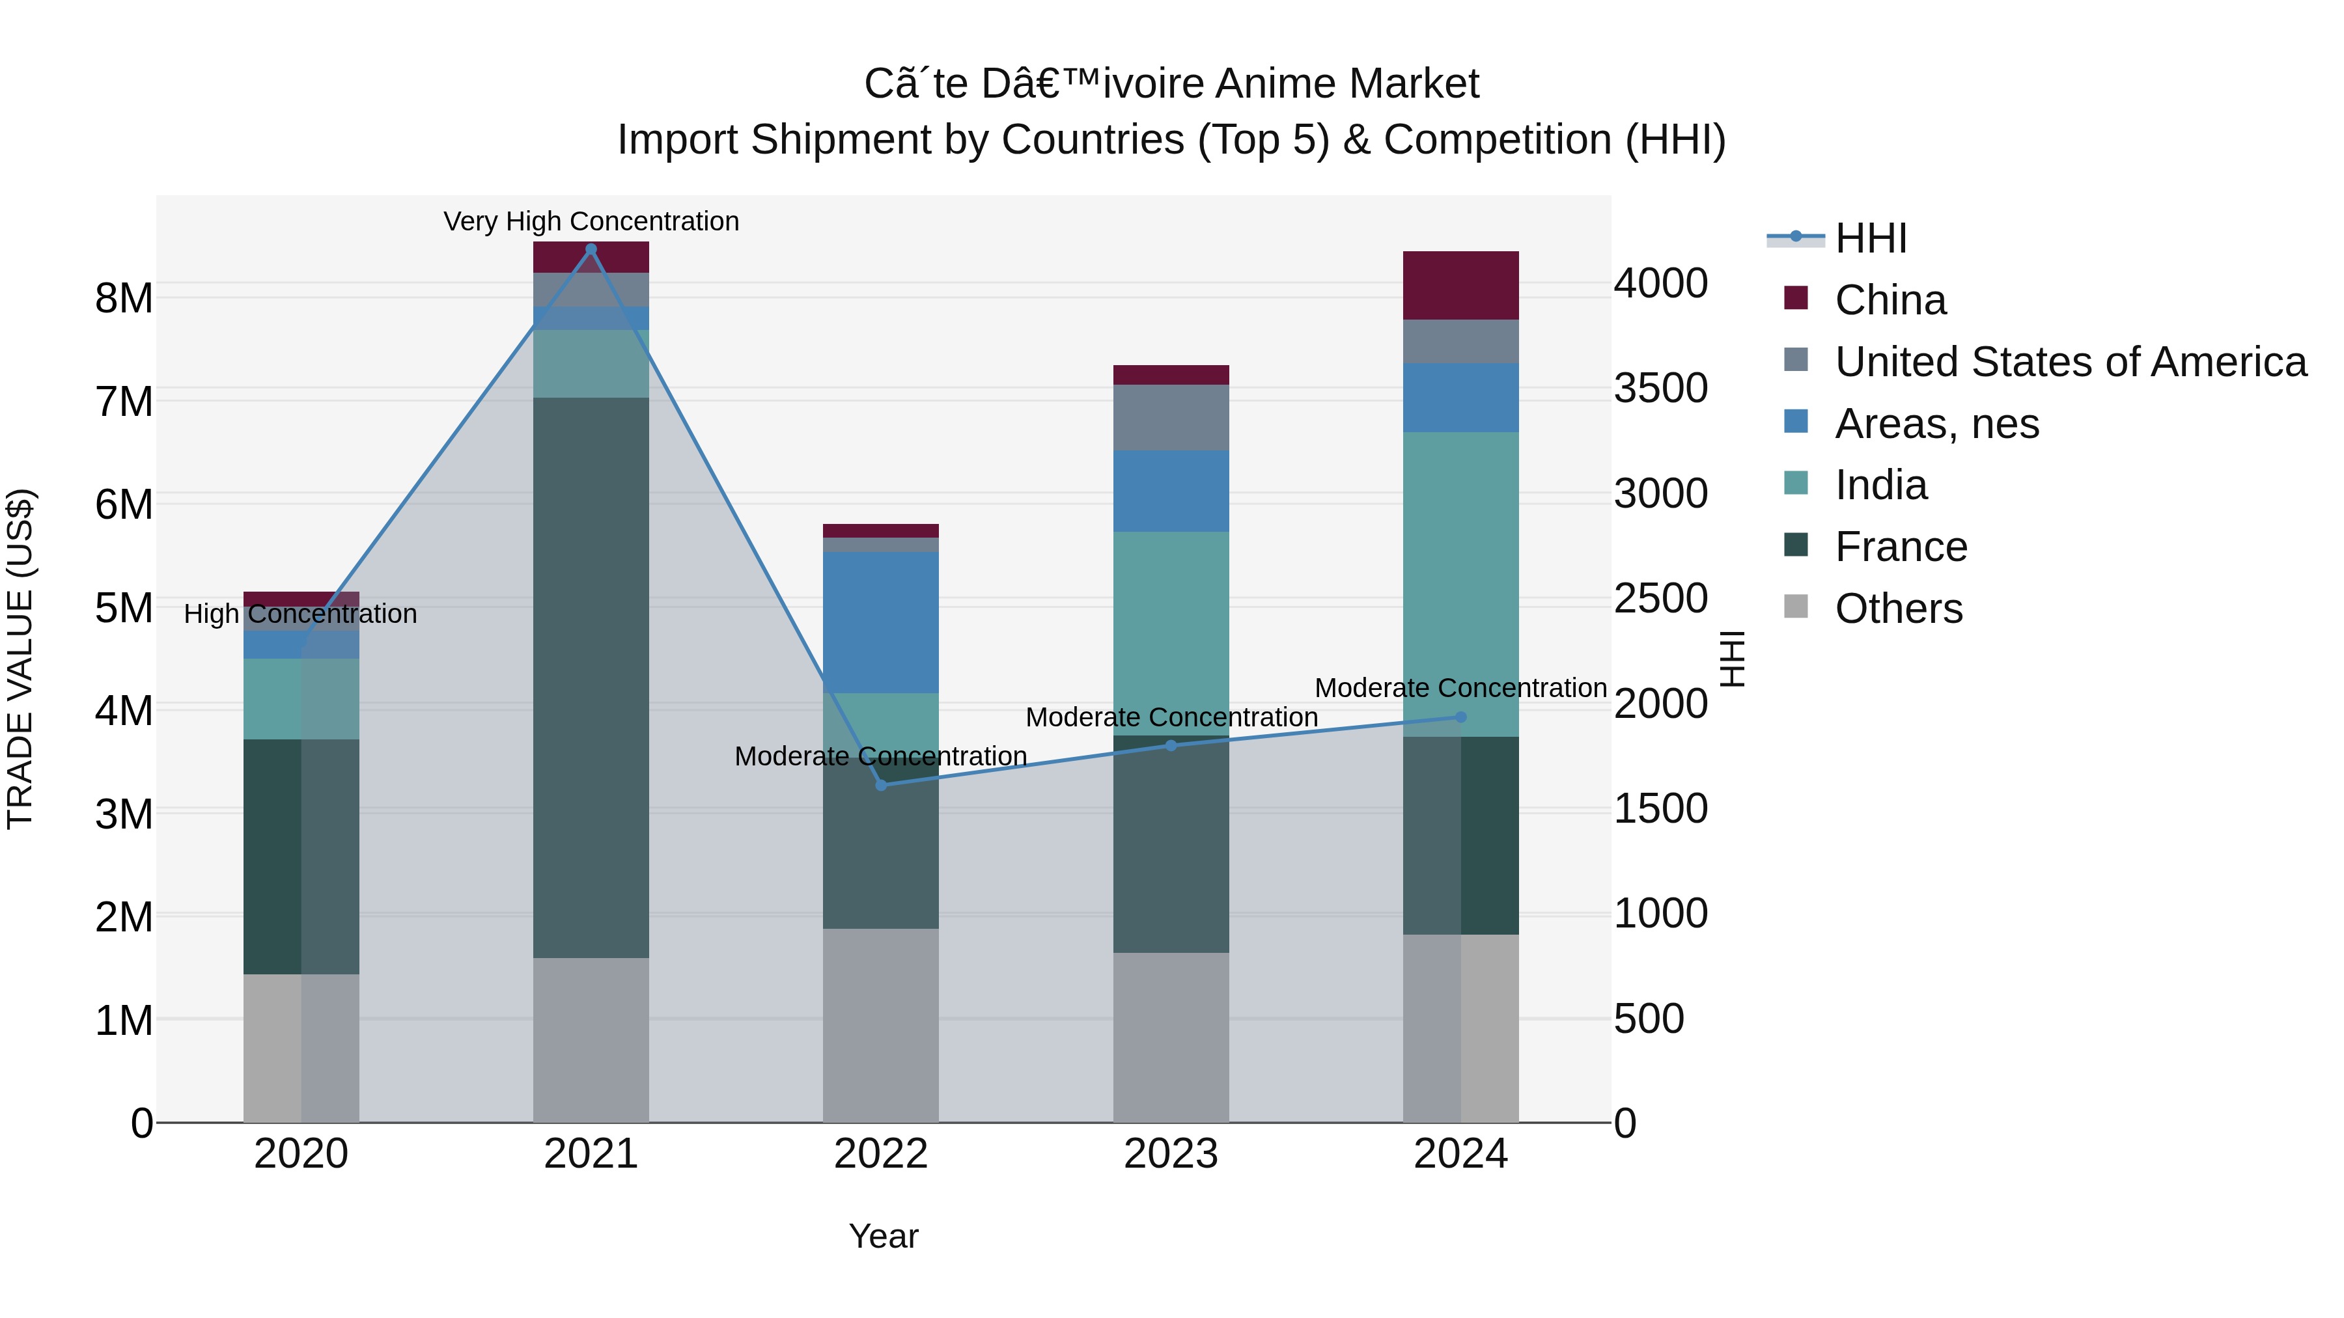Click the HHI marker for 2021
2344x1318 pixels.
click(x=591, y=249)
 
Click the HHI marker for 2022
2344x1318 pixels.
click(x=881, y=785)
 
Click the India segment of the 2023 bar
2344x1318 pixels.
click(x=1171, y=633)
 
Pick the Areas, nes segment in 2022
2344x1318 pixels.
click(x=881, y=622)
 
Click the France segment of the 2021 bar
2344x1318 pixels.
click(x=591, y=678)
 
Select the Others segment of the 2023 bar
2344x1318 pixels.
click(x=1171, y=1037)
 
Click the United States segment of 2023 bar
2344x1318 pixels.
click(x=1171, y=417)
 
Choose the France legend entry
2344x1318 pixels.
click(x=1900, y=547)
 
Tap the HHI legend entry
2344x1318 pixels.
click(x=1870, y=238)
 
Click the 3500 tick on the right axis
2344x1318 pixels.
click(x=1660, y=389)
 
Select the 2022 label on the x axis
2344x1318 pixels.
click(x=881, y=1154)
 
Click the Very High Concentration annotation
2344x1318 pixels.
click(x=591, y=221)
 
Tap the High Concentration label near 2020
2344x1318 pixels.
click(x=300, y=614)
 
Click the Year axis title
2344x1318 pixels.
click(x=883, y=1236)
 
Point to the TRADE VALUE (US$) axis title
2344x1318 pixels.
click(x=20, y=659)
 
